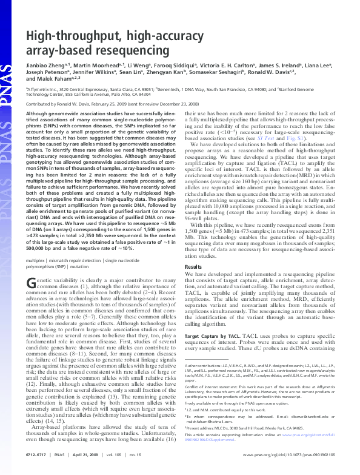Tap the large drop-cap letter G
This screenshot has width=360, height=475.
[32, 284]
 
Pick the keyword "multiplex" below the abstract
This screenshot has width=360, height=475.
[36, 259]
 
